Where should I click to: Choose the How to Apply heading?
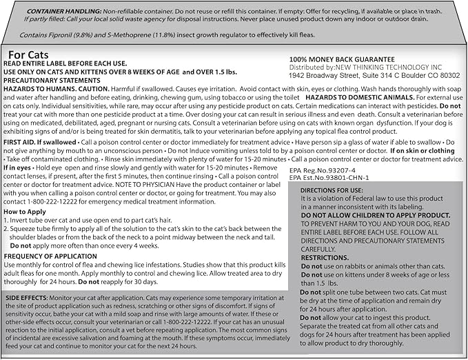point(27,211)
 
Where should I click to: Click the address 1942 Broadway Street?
point(327,78)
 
